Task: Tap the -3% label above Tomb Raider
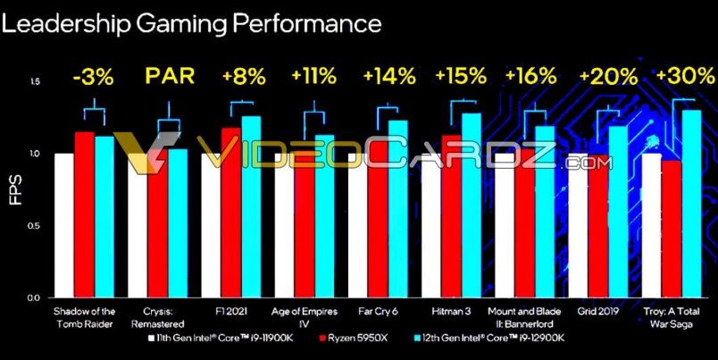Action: [x=93, y=76]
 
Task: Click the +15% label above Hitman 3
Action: [x=459, y=76]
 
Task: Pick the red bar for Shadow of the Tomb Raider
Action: [x=84, y=214]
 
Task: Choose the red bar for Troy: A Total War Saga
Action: [x=671, y=229]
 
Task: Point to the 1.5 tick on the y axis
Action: [x=36, y=82]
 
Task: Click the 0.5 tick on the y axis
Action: [x=36, y=226]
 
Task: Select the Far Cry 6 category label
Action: [x=378, y=310]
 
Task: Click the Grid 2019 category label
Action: [x=597, y=310]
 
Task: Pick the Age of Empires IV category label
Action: [x=306, y=316]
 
